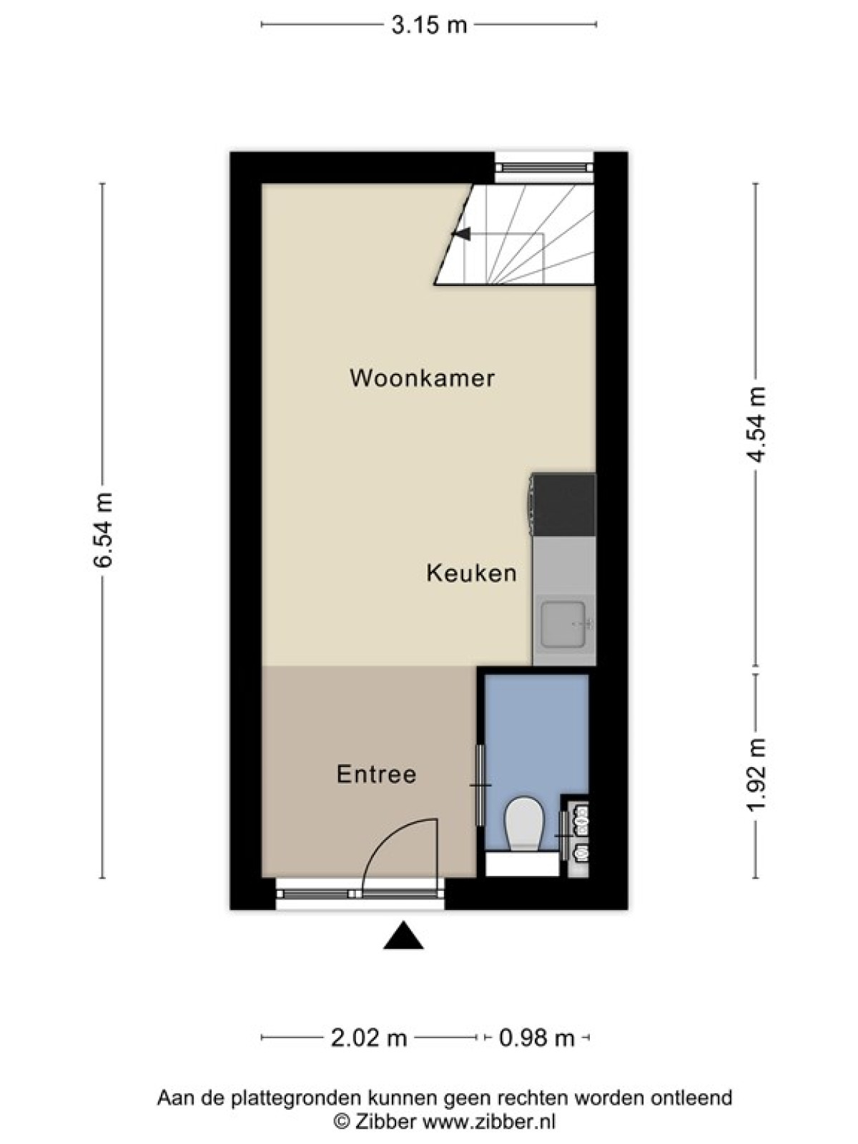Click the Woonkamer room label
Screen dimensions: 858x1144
[x=422, y=378]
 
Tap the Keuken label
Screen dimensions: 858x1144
[x=471, y=573]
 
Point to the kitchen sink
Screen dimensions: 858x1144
[x=563, y=624]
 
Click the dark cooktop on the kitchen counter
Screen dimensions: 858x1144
[x=563, y=505]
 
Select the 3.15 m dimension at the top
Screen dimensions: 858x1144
[x=429, y=24]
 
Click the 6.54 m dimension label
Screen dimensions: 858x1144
[x=103, y=530]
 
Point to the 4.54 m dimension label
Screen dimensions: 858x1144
[x=755, y=424]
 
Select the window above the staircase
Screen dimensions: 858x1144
[x=544, y=167]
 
